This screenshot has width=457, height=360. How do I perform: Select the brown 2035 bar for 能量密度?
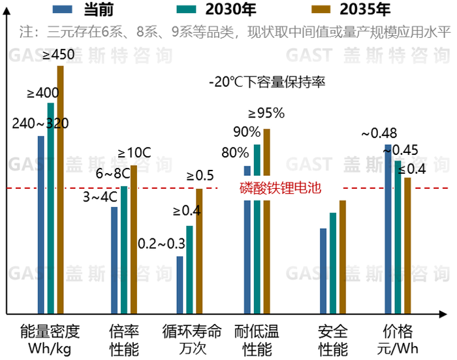click(x=60, y=189)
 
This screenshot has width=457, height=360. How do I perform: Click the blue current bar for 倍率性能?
click(x=114, y=260)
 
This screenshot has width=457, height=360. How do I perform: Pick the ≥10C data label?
click(x=134, y=154)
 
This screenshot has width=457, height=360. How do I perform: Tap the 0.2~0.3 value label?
click(x=161, y=244)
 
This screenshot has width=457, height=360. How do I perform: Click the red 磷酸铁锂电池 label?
click(x=281, y=189)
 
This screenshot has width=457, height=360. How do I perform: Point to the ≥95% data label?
click(x=266, y=113)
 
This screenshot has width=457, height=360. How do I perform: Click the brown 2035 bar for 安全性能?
click(x=342, y=257)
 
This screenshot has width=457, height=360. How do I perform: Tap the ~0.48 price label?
click(x=379, y=133)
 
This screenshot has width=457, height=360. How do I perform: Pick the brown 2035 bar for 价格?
click(x=407, y=245)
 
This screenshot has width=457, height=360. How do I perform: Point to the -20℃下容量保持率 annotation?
click(x=267, y=83)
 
